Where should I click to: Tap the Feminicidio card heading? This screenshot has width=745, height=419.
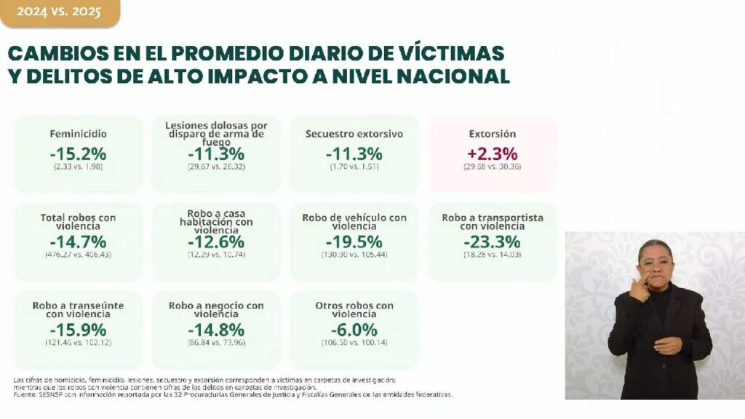[x=79, y=134]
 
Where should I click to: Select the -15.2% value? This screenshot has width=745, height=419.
[x=79, y=153]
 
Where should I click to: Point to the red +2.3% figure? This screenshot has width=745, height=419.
[x=493, y=153]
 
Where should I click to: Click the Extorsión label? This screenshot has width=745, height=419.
[x=493, y=134]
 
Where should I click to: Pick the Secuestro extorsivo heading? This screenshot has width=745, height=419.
[x=354, y=134]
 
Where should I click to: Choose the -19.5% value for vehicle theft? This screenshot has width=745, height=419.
[x=354, y=242]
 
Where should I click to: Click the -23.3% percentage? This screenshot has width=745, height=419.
[x=493, y=242]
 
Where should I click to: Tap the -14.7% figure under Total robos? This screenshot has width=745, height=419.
[x=79, y=242]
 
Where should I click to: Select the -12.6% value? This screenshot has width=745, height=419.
[x=216, y=242]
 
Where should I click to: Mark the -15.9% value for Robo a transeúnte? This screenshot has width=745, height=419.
[x=79, y=329]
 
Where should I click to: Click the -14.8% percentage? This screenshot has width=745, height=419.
[x=216, y=329]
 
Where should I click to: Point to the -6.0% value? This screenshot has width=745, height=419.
[x=354, y=329]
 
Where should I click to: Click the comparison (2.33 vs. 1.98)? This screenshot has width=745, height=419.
[x=79, y=167]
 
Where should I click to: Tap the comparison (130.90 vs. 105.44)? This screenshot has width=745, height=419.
[x=354, y=255]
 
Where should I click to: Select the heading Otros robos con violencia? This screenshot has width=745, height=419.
[x=354, y=310]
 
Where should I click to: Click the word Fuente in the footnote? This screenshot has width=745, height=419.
[x=28, y=395]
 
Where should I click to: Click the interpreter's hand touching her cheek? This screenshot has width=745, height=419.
[x=640, y=286]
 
